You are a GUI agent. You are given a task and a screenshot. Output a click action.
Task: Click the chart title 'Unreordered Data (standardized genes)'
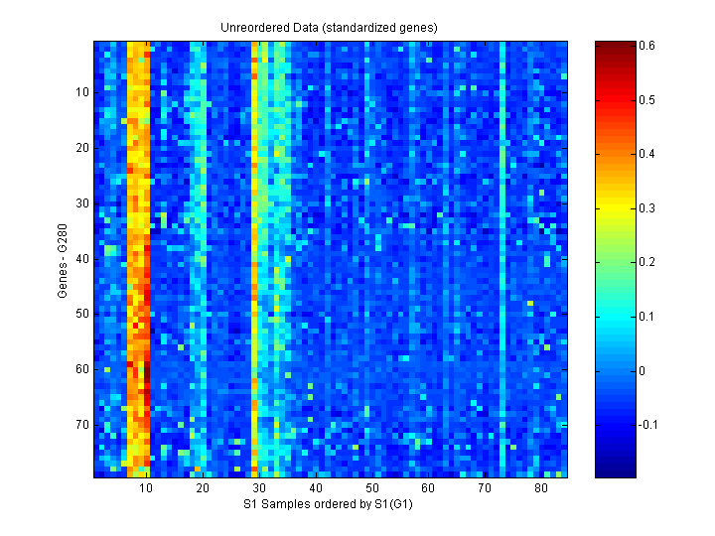[329, 27]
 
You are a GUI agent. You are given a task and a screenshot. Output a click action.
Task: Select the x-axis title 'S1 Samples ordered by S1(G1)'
[330, 504]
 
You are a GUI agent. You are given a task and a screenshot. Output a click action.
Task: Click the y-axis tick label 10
[82, 92]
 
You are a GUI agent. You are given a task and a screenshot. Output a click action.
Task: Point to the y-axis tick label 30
[82, 202]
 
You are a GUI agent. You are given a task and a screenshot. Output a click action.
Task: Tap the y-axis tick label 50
[82, 314]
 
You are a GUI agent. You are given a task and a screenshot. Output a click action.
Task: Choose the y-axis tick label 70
[82, 424]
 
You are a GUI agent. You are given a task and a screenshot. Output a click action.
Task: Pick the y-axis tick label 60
[82, 368]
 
